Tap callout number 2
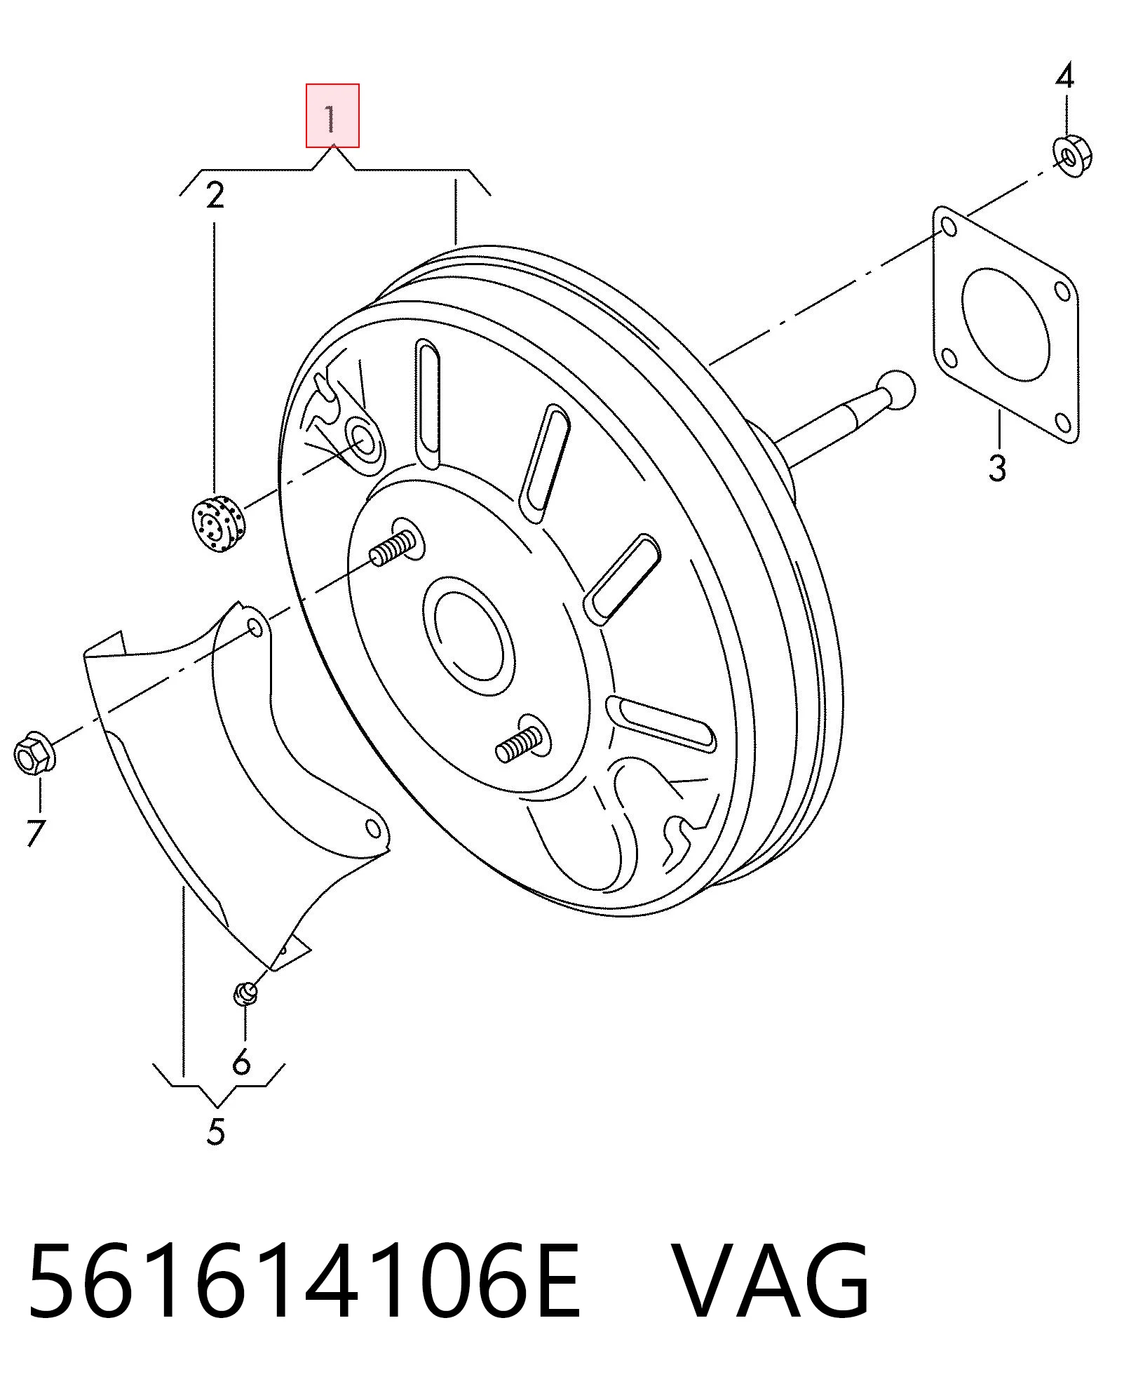(x=215, y=195)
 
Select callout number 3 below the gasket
(x=997, y=467)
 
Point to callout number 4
(x=1064, y=75)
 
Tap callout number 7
(x=36, y=833)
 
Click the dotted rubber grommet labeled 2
(x=217, y=523)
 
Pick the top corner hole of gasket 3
(x=948, y=227)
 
